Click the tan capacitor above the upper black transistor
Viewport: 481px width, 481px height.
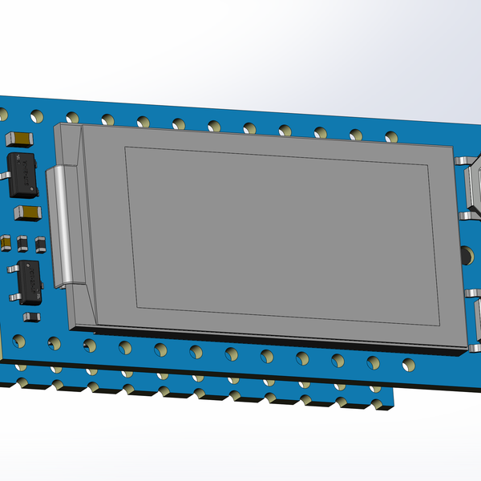click(x=21, y=139)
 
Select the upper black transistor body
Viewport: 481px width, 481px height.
click(x=24, y=174)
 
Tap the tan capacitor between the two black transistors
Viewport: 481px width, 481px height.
click(x=30, y=212)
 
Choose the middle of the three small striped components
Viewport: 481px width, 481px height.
click(x=22, y=242)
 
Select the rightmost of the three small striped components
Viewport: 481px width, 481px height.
click(x=37, y=242)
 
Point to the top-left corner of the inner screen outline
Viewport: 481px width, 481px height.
click(x=126, y=148)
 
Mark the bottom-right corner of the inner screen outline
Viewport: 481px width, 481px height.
click(x=439, y=326)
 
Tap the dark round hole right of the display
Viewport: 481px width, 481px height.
click(x=465, y=257)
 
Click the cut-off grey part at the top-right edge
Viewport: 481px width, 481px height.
click(x=474, y=188)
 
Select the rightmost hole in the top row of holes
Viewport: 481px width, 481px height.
click(x=389, y=135)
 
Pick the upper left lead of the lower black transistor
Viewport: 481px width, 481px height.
click(x=8, y=269)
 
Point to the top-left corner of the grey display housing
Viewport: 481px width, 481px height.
click(x=55, y=126)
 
